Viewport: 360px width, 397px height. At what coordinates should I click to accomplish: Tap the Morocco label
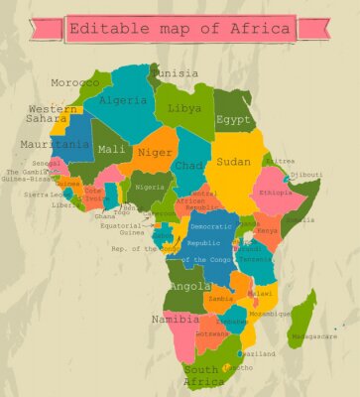(x=75, y=82)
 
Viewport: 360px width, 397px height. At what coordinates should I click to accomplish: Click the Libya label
(x=184, y=107)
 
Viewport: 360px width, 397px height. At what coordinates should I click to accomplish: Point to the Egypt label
(x=234, y=119)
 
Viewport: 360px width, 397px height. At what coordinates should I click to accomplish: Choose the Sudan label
(x=234, y=161)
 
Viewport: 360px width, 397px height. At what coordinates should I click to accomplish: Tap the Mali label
(x=111, y=150)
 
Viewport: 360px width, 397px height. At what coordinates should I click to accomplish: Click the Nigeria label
(x=149, y=187)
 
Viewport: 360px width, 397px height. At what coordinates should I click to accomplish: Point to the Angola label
(x=190, y=286)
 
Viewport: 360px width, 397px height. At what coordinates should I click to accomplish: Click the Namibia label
(x=176, y=320)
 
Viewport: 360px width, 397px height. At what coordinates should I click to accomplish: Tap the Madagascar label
(x=313, y=336)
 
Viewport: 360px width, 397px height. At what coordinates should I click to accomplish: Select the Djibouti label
(x=305, y=175)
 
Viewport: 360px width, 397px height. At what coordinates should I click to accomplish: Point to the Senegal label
(x=46, y=162)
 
